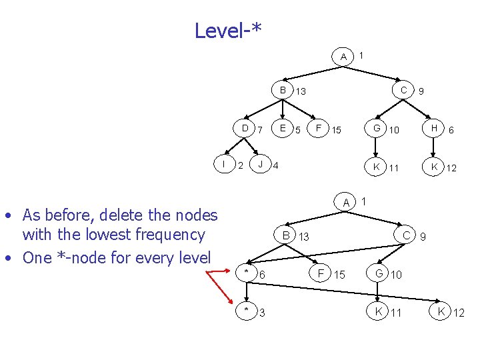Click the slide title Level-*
click(228, 31)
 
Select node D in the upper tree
click(245, 128)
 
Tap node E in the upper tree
click(283, 128)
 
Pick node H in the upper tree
click(434, 128)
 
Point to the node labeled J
click(261, 163)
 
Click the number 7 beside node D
click(260, 129)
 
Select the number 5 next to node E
click(298, 129)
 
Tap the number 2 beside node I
click(240, 165)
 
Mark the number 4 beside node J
click(276, 165)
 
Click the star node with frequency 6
click(247, 273)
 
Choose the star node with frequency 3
click(247, 310)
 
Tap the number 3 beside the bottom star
click(261, 312)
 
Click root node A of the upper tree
click(343, 57)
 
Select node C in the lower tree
click(405, 235)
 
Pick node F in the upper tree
click(319, 128)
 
